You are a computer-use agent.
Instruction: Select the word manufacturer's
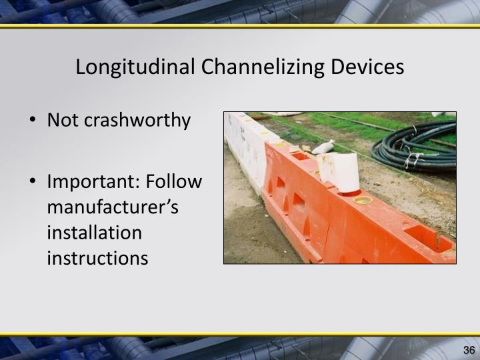coord(113,207)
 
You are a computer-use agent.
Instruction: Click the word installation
coord(95,233)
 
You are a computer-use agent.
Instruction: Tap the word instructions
coord(97,258)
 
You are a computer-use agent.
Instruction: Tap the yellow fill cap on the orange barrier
coord(364,199)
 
